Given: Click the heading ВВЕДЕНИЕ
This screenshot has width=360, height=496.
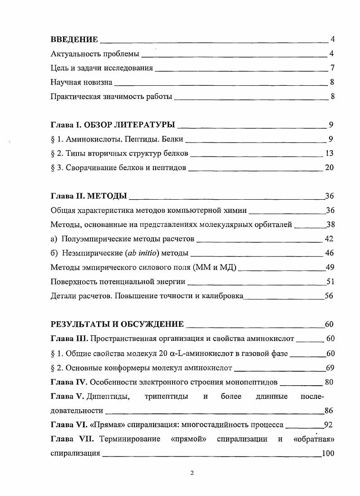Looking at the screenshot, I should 74,40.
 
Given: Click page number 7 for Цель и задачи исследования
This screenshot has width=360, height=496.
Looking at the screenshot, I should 332,68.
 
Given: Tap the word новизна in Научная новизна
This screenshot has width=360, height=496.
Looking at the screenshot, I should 97,82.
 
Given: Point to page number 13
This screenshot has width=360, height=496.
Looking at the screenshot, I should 330,153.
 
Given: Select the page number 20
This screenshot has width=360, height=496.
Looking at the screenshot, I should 330,167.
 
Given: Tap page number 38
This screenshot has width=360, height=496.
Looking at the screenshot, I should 330,224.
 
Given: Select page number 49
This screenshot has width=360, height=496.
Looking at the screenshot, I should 330,267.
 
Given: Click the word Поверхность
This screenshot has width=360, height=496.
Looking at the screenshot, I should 73,281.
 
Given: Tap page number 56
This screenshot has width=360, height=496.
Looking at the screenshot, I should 330,295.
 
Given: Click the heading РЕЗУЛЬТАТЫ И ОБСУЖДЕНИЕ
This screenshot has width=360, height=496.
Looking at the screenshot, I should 117,324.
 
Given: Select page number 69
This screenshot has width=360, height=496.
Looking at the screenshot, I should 330,368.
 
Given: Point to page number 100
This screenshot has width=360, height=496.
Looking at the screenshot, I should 328,453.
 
